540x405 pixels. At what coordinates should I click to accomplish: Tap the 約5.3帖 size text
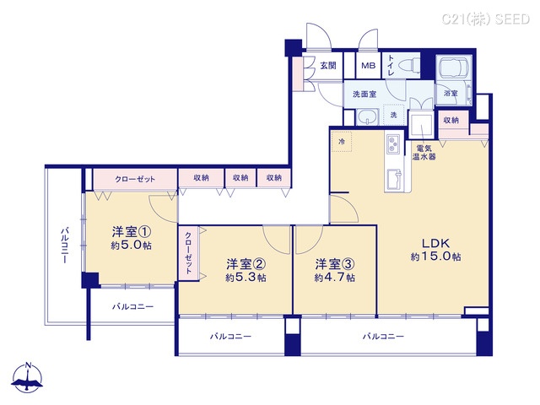[x=245, y=277]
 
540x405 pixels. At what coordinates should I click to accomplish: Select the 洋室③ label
[x=335, y=262]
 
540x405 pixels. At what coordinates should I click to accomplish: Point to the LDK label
[x=431, y=240]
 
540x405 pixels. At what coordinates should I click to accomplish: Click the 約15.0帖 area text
[x=435, y=256]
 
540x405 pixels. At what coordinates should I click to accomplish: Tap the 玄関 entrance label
[x=327, y=66]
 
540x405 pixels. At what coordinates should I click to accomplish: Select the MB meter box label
[x=369, y=66]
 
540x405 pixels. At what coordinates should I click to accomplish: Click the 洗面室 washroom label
[x=364, y=94]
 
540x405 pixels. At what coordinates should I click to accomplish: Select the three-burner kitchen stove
[x=394, y=148]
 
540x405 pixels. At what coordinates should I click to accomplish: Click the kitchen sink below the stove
[x=393, y=180]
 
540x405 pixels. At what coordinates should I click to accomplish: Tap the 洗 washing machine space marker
[x=393, y=115]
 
